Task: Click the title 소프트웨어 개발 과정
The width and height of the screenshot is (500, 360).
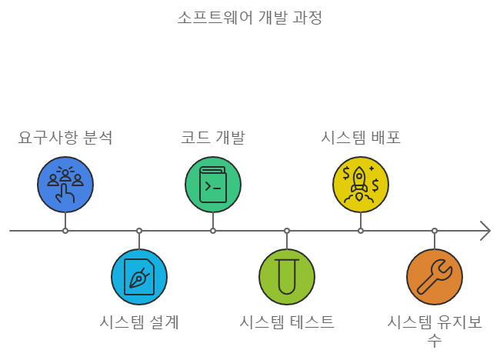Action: pos(249,17)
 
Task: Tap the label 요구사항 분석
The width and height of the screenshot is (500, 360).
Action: pos(65,138)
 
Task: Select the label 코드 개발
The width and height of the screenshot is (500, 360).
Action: pos(212,138)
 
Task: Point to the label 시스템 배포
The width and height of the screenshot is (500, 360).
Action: pos(360,138)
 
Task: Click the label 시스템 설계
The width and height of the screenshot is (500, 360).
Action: pos(139,322)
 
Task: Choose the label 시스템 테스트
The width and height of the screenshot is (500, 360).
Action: pos(287,322)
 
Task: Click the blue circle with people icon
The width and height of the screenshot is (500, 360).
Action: pos(65,185)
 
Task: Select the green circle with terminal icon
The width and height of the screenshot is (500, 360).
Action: pos(213,185)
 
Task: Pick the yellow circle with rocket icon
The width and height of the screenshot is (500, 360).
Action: pos(361,185)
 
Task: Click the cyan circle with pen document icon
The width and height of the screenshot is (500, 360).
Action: pos(139,277)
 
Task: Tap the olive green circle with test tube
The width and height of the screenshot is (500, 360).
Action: pos(287,277)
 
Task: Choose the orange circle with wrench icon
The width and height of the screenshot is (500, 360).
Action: pos(435,277)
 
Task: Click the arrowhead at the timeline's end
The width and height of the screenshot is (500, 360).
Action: pos(485,231)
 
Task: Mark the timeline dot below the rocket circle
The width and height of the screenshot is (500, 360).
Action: pos(361,231)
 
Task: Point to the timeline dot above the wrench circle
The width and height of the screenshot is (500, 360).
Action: pos(435,231)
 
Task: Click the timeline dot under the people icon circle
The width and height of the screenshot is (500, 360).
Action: pos(65,231)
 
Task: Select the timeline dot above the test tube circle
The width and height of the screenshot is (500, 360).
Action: pos(287,231)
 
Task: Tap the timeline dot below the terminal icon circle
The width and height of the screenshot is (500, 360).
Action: pos(213,231)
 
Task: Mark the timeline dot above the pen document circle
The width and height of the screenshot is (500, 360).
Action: pos(139,231)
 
